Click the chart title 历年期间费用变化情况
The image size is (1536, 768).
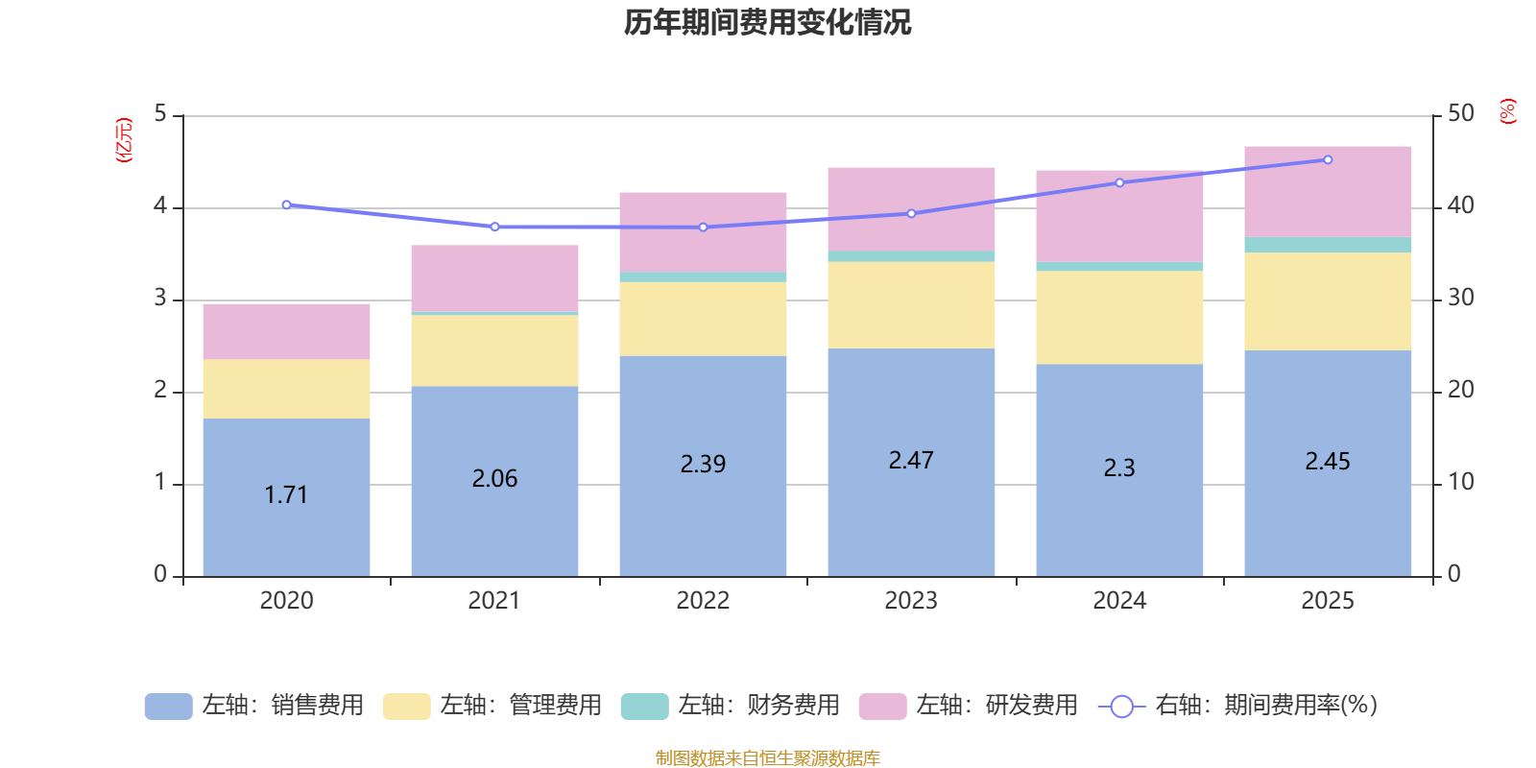click(x=767, y=22)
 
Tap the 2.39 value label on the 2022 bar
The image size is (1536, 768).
click(x=703, y=464)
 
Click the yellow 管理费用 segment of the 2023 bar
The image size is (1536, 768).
click(x=911, y=305)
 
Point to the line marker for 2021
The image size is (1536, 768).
click(x=494, y=228)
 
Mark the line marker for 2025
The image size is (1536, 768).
click(x=1328, y=160)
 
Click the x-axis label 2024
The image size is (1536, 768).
click(x=1119, y=601)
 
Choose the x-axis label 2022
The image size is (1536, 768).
click(x=703, y=601)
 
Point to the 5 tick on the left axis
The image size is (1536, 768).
click(x=160, y=114)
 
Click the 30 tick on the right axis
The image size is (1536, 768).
click(x=1461, y=298)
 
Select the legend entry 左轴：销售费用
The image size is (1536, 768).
click(x=254, y=706)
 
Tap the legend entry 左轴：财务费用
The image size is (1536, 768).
click(x=731, y=706)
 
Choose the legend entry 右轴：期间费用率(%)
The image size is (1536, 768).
click(x=1237, y=706)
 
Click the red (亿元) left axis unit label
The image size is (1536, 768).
click(x=124, y=140)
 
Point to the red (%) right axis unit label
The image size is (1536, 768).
click(x=1508, y=111)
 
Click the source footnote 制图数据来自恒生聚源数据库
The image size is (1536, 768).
click(x=767, y=758)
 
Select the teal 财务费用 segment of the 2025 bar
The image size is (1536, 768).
click(x=1328, y=245)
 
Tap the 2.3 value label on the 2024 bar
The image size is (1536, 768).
click(x=1119, y=468)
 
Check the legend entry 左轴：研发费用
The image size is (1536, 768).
click(x=969, y=706)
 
